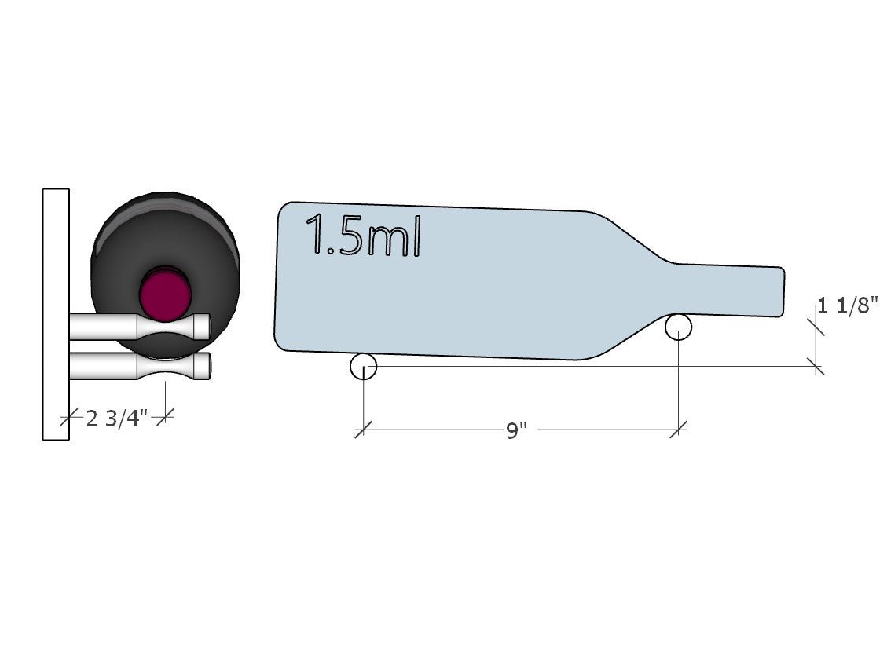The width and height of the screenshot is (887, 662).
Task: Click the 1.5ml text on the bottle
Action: pos(363,235)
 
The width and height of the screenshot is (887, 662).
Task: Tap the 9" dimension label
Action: pos(516,431)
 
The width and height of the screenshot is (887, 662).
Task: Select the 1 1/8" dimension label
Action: pos(848,305)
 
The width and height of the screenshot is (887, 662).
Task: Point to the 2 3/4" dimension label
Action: pos(116,419)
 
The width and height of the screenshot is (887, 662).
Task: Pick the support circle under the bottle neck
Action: pos(678,327)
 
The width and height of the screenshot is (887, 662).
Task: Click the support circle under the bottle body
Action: pos(363,366)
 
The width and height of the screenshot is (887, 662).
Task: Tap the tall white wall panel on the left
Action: pos(56,314)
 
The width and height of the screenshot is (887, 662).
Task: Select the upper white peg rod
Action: pos(140,327)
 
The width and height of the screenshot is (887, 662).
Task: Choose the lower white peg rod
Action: pos(140,366)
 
